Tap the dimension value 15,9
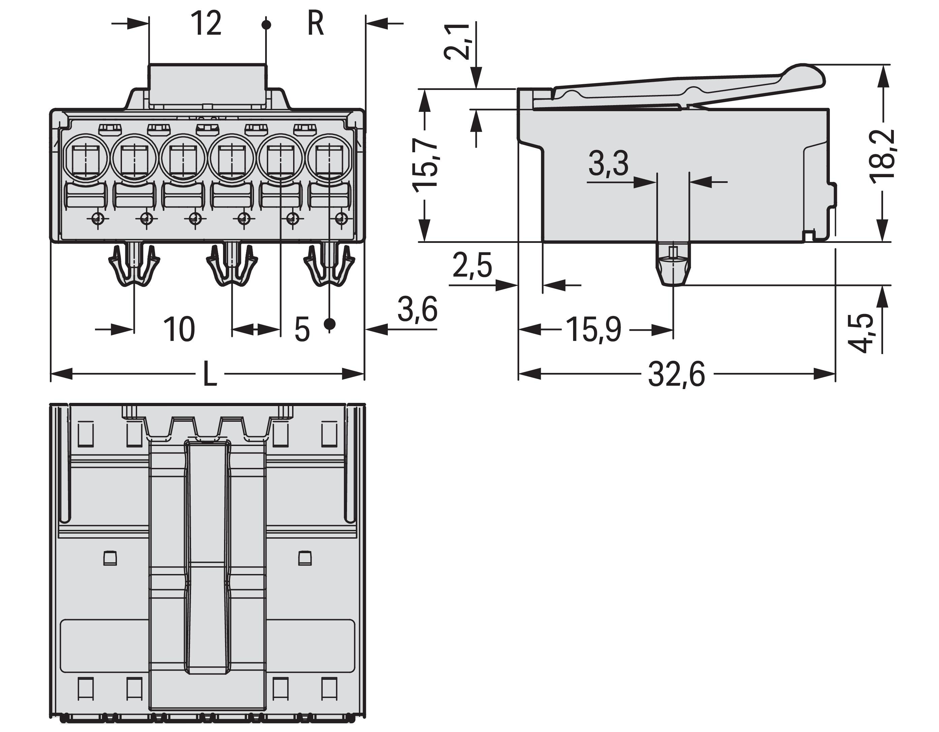pyautogui.click(x=593, y=330)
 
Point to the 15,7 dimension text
pyautogui.click(x=425, y=165)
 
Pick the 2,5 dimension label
pyautogui.click(x=472, y=266)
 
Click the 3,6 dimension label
pyautogui.click(x=417, y=309)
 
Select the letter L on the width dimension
pyautogui.click(x=210, y=374)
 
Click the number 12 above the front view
pyautogui.click(x=207, y=24)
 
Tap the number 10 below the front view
pyautogui.click(x=179, y=330)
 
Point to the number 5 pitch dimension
pyautogui.click(x=302, y=330)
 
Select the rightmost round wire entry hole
pyautogui.click(x=328, y=157)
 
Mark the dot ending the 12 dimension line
pyautogui.click(x=267, y=25)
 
